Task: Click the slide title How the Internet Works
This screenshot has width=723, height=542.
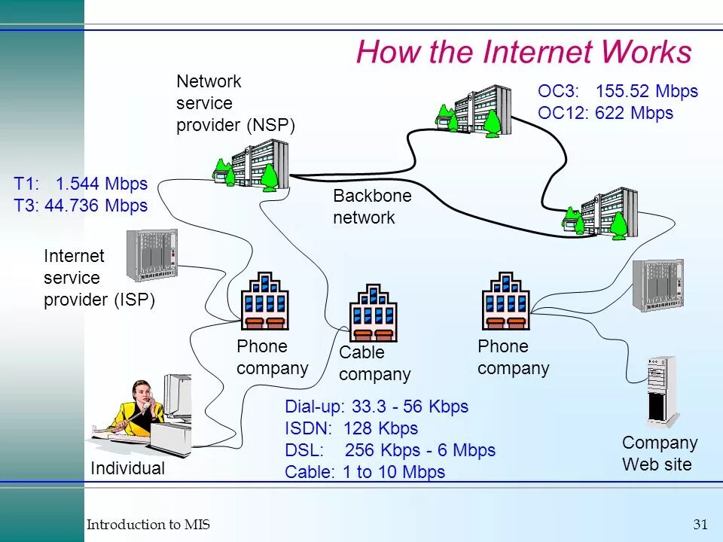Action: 523,52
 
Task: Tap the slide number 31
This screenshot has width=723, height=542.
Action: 700,525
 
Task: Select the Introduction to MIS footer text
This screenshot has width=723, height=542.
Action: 148,525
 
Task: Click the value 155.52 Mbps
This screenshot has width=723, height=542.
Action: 647,92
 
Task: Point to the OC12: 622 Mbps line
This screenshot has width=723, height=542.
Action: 605,114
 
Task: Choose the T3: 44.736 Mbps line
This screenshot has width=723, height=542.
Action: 81,206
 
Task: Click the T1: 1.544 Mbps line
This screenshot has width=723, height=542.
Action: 81,184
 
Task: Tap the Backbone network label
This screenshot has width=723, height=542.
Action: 372,207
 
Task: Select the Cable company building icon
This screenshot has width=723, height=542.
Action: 373,312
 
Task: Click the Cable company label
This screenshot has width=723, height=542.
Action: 374,364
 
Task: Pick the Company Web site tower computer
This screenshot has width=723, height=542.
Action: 661,391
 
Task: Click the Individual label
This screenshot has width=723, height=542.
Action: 127,468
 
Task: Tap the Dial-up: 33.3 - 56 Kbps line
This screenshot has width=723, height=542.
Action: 377,407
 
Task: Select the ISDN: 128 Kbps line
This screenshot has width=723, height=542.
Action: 351,429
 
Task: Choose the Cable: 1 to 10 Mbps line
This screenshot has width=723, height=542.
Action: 365,473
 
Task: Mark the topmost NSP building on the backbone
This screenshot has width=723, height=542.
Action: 474,110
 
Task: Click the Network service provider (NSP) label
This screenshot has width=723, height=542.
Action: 235,103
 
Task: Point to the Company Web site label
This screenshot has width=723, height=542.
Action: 660,453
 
